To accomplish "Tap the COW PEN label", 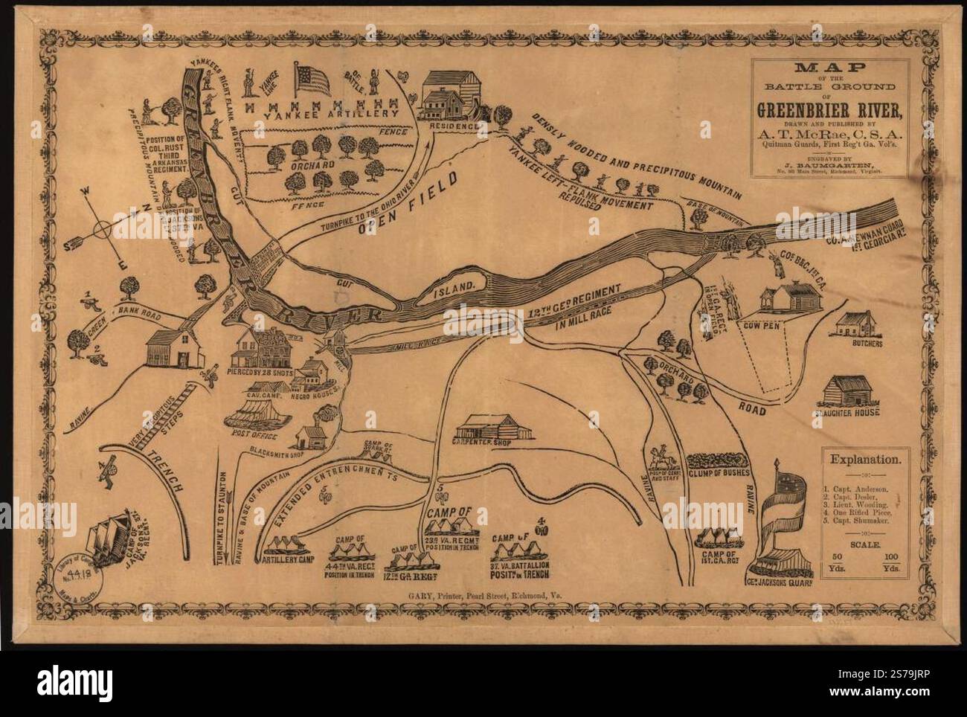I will point(762,325).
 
